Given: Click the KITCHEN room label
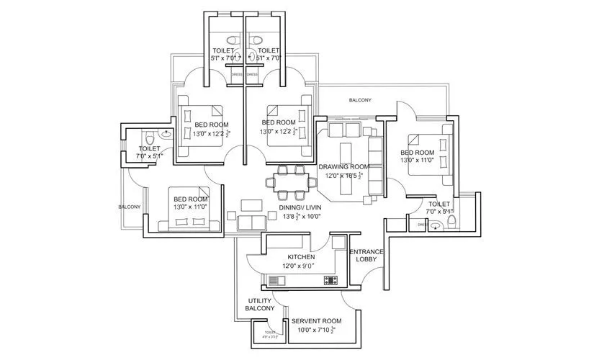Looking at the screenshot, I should (x=301, y=257).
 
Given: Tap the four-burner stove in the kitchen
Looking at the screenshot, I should (x=330, y=279).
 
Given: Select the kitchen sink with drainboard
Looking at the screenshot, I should (x=277, y=279).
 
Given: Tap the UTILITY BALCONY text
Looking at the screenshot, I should (x=260, y=305).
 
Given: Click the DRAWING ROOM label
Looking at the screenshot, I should (x=344, y=167).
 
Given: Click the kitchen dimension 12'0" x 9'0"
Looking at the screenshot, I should (x=301, y=266).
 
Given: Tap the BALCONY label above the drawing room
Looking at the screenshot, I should (x=360, y=101).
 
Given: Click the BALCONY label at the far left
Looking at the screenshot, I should (x=130, y=207).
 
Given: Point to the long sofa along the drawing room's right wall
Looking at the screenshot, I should (x=375, y=166).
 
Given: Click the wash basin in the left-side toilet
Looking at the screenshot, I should (x=166, y=134).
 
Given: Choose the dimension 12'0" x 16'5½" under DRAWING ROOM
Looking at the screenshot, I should (x=344, y=176).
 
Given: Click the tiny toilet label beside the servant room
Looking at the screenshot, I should (x=270, y=333).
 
